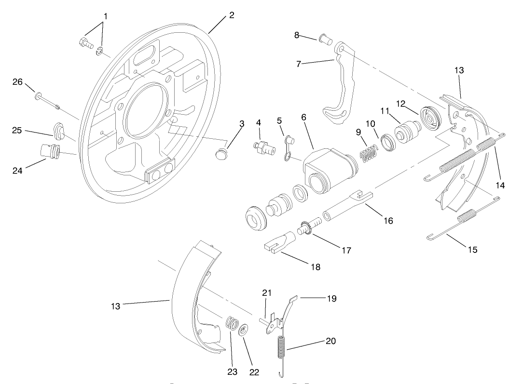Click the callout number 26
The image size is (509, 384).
(x=17, y=82)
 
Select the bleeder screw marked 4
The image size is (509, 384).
(x=263, y=146)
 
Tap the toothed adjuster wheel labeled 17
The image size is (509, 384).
(x=306, y=227)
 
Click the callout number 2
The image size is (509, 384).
(x=232, y=15)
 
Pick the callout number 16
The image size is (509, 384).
(x=388, y=220)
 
